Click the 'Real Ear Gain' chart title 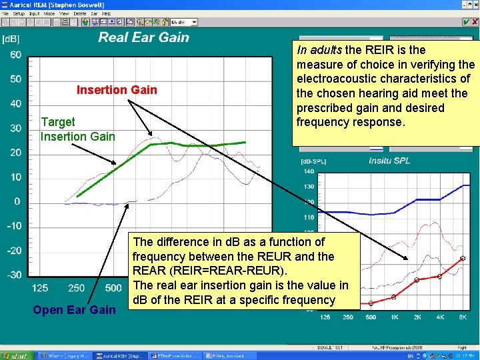[143, 37]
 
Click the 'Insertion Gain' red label [117, 90]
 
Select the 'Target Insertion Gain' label [77, 129]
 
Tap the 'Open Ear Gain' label [74, 309]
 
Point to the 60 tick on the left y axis [15, 55]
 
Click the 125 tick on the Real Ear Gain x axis [40, 288]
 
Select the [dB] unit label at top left [12, 39]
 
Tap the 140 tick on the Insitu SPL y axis [309, 171]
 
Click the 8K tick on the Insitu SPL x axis [463, 317]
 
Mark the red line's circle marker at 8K [463, 258]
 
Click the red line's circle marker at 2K [416, 281]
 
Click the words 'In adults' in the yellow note [320, 50]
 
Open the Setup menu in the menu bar [18, 13]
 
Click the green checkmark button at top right [465, 22]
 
